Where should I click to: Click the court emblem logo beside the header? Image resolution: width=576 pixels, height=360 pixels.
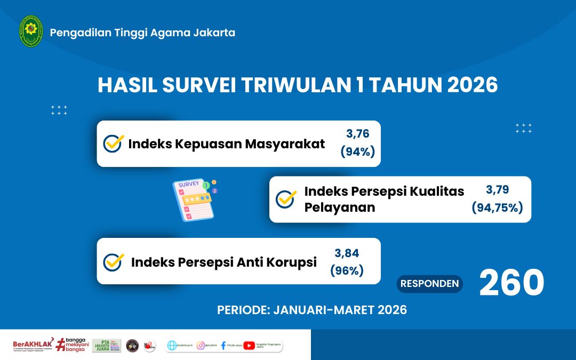[x=31, y=31]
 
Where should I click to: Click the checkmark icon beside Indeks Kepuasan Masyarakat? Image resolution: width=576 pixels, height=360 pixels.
[x=113, y=143]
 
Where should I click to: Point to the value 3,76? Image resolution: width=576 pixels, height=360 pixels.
[x=357, y=134]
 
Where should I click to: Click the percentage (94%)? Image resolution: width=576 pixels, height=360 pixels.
[x=357, y=152]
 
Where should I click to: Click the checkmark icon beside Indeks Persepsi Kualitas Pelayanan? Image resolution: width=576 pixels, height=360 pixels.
[x=286, y=199]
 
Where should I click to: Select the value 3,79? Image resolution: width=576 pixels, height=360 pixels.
[x=497, y=189]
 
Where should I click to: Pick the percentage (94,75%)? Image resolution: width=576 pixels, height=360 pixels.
[x=497, y=208]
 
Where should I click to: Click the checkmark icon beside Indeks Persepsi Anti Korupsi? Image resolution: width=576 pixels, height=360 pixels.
[x=113, y=262]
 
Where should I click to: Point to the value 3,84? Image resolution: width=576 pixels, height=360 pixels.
[x=347, y=253]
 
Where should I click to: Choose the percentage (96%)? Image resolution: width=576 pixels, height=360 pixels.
[x=347, y=271]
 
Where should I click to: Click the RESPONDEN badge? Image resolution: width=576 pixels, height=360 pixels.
[x=429, y=284]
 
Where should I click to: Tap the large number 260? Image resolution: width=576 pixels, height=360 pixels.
[x=511, y=283]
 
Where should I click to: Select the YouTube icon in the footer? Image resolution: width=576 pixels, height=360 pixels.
[x=249, y=346]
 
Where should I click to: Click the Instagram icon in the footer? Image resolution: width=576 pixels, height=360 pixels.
[x=201, y=346]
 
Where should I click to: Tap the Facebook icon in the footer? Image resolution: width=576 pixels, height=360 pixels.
[x=223, y=346]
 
